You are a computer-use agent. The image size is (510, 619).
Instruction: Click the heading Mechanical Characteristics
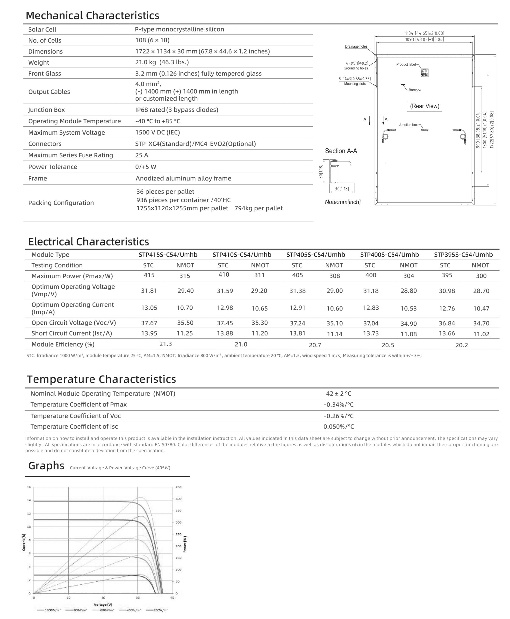coord(92,15)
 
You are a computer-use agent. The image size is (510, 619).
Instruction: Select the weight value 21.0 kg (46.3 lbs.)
coord(162,62)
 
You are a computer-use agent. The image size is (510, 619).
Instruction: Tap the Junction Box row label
coord(46,110)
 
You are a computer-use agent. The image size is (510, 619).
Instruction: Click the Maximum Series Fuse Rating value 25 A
coord(142,155)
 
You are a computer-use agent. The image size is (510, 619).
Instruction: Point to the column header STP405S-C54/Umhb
coord(316,255)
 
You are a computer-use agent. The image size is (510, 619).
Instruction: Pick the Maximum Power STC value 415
coord(149,275)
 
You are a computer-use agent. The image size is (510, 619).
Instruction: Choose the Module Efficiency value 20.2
coord(461,345)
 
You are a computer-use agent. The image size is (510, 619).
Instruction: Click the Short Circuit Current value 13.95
coord(149,333)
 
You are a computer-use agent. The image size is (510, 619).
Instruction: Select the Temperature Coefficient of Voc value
coord(338,416)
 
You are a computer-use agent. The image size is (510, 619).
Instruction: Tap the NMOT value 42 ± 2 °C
coord(338,394)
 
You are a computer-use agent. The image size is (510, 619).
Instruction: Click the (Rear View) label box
coord(424,106)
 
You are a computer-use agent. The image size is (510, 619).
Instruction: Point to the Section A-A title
coord(341,151)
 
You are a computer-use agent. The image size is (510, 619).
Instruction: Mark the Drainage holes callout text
coord(356,46)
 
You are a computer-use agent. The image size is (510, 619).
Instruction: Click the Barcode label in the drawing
coord(415,90)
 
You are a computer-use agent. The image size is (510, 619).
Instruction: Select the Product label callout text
coord(406,64)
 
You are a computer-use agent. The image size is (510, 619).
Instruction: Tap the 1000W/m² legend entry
coord(49,610)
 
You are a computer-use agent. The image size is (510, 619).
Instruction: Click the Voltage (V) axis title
coord(103,604)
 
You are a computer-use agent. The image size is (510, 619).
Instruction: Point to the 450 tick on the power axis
coord(178,487)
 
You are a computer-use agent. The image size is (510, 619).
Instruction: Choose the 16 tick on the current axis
coord(29,487)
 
